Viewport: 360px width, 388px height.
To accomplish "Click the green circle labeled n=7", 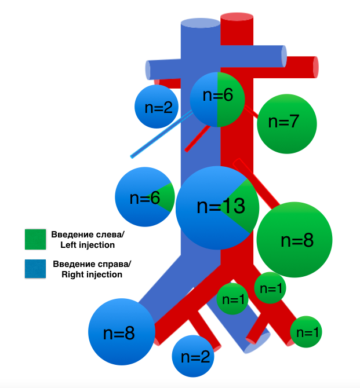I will click(x=286, y=123).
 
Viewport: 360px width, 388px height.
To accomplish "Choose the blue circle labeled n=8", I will click(x=122, y=332).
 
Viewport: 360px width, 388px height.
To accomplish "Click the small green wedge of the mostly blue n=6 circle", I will click(x=168, y=197).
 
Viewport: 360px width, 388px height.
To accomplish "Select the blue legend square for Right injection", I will click(x=34, y=269).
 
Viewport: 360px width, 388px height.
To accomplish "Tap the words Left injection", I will click(x=88, y=245).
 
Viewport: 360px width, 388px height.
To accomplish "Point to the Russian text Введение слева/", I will click(x=88, y=235).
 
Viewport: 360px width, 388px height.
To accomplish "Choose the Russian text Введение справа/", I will click(x=92, y=264).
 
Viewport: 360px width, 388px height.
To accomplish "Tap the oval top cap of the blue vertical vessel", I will click(x=201, y=23).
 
